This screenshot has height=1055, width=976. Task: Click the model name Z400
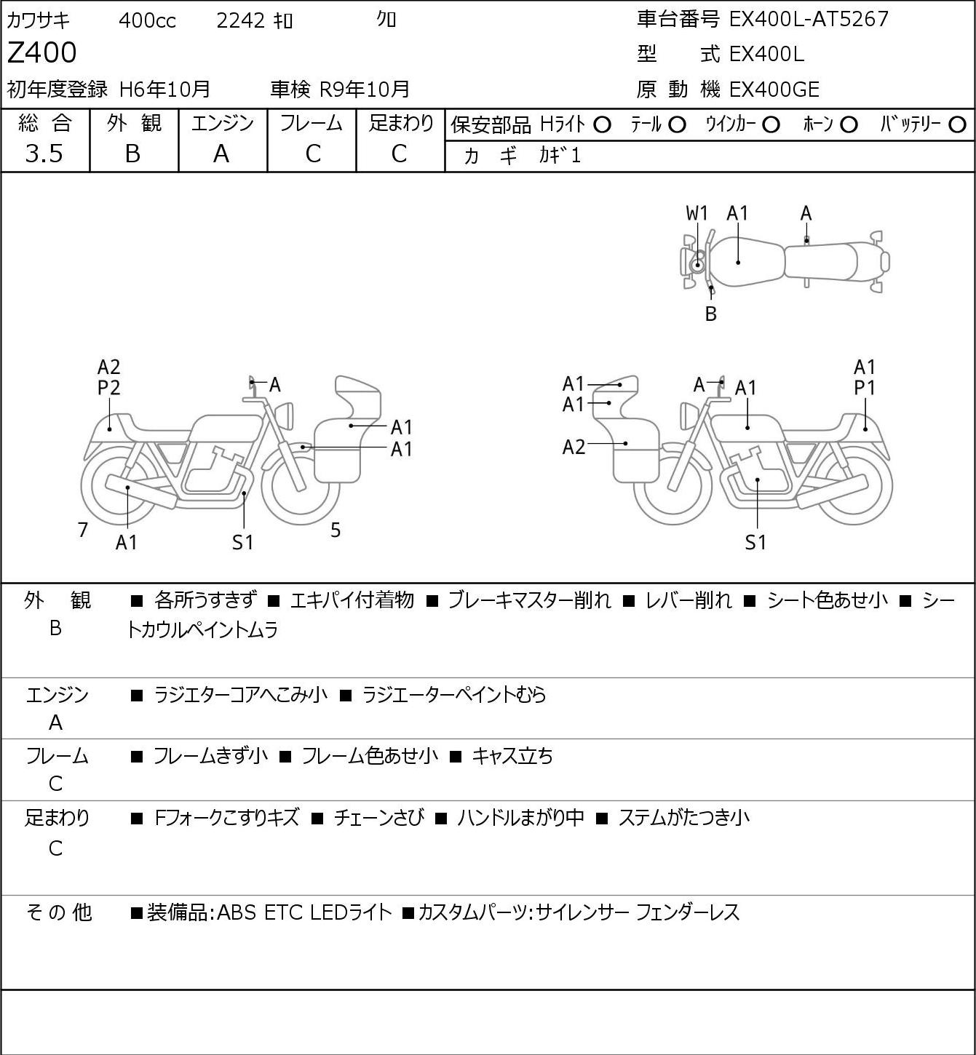click(x=42, y=53)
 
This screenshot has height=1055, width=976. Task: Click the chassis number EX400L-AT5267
click(x=809, y=19)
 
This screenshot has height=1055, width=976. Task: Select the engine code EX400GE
click(x=774, y=89)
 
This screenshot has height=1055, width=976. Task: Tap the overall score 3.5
click(x=44, y=154)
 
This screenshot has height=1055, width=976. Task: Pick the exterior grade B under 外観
click(x=132, y=154)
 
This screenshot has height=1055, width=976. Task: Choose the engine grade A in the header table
click(x=221, y=154)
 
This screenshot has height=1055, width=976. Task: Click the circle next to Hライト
click(x=602, y=125)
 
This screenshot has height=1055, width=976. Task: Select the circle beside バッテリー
click(x=958, y=125)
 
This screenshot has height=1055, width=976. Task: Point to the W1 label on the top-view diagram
click(x=697, y=213)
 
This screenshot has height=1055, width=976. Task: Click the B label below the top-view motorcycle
click(x=711, y=314)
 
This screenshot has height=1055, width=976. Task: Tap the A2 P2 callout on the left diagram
click(x=108, y=378)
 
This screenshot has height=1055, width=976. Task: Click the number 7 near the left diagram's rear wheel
click(x=83, y=530)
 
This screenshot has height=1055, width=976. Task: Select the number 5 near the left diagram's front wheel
click(x=336, y=530)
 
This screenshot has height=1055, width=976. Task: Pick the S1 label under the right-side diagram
click(x=755, y=543)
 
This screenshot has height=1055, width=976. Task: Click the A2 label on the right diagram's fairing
click(x=574, y=447)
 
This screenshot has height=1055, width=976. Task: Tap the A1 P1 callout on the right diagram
click(x=865, y=378)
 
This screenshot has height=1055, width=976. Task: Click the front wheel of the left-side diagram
click(x=300, y=483)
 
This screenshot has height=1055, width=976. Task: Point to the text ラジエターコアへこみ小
click(x=241, y=695)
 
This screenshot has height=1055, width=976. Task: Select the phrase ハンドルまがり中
click(x=520, y=818)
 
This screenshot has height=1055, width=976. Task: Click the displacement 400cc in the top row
click(x=147, y=20)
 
